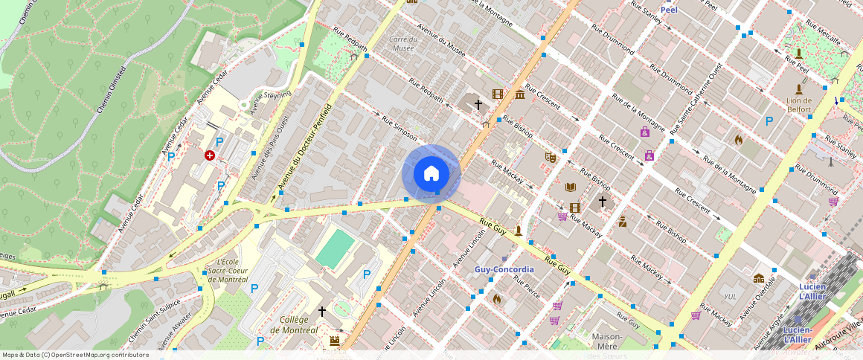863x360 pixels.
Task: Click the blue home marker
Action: tap(431, 174)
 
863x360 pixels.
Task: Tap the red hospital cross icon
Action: tap(211, 155)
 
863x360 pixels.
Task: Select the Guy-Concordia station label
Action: tap(504, 269)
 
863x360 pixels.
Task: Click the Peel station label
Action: tap(669, 10)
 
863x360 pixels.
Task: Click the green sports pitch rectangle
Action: tap(335, 248)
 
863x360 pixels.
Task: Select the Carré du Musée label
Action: tap(402, 44)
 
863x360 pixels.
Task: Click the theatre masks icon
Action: tap(550, 157)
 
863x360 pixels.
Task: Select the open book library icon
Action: tap(571, 187)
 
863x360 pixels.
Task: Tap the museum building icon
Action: tap(519, 94)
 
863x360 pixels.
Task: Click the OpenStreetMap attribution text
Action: tap(75, 355)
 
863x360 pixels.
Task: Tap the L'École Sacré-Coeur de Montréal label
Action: tap(228, 271)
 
